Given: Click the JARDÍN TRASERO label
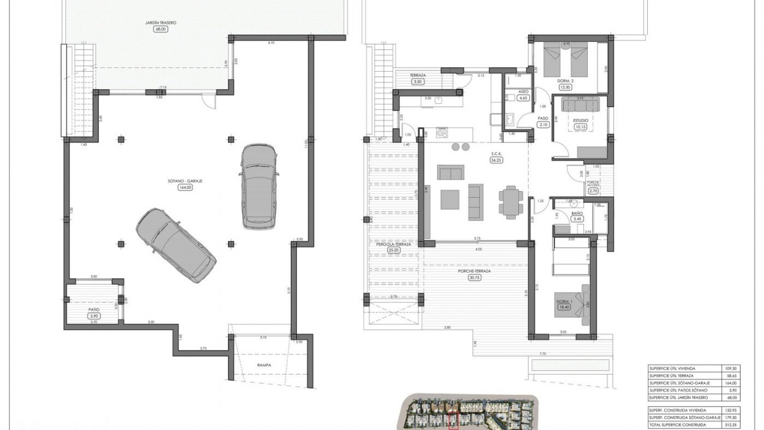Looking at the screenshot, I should coord(161,23).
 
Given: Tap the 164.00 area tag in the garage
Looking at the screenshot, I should coord(185,187).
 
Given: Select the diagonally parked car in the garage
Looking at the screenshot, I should coord(176,246).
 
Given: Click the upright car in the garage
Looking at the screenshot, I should coord(259,186).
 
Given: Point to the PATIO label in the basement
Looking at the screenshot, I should coord(94,309).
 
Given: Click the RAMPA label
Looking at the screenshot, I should coord(264,365).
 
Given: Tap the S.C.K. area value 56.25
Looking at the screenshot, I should coord(496,160).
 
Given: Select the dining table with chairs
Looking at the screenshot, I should coord(511,202).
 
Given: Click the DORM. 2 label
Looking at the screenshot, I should coord(566,81).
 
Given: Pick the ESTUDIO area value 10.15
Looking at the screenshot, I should coord(581,127).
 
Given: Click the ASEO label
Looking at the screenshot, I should coord(523,92).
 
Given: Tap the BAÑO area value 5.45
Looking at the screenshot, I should coord(577,219).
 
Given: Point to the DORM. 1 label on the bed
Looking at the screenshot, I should coord(564,301).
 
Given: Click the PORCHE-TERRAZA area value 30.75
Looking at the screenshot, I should coord(474,278).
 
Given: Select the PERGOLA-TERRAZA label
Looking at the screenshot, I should coord(393,244).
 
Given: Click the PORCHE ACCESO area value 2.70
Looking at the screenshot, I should coord(593,191).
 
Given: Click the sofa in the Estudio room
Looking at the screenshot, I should coord(580,105).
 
